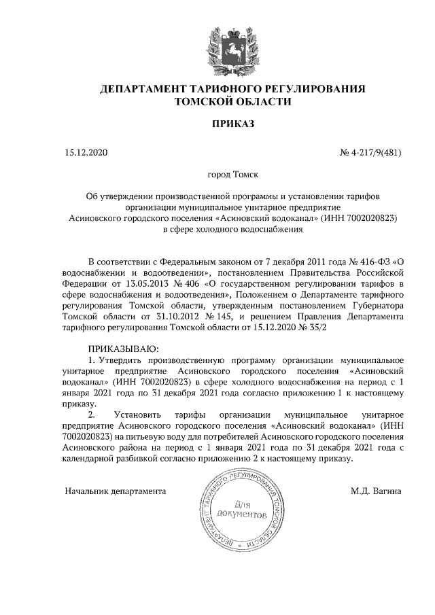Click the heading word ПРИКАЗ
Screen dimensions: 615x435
point(233,124)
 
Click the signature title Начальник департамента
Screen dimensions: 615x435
point(116,490)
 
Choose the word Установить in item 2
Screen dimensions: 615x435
point(138,414)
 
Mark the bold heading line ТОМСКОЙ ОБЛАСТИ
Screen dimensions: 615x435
point(233,102)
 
